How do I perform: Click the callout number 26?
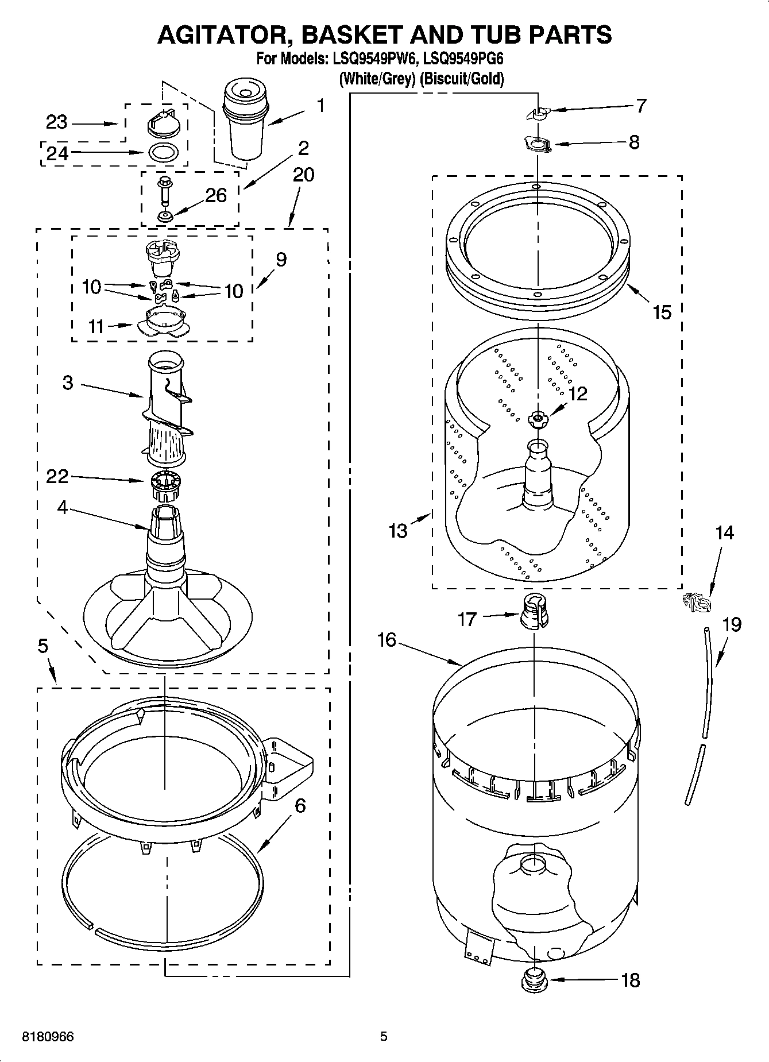click(x=216, y=195)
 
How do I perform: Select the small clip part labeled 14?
click(x=695, y=603)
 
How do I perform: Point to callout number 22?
click(x=57, y=476)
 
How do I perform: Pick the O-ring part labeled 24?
click(x=164, y=153)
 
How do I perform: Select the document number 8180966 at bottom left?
click(x=48, y=1037)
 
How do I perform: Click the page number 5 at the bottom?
click(x=384, y=1037)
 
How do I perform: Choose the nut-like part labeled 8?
click(x=538, y=144)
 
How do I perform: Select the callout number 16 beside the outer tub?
click(x=387, y=639)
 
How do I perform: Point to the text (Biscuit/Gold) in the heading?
click(x=462, y=78)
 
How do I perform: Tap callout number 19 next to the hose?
click(x=731, y=624)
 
